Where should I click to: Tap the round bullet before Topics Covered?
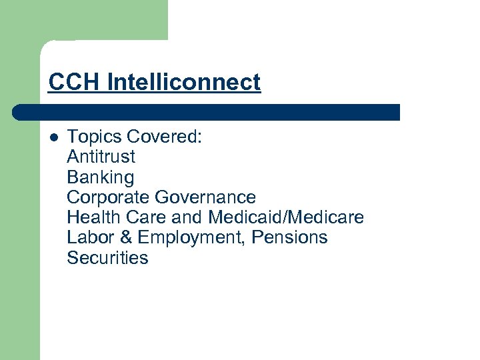pyautogui.click(x=54, y=137)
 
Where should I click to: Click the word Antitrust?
pyautogui.click(x=101, y=157)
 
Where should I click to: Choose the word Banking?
pyautogui.click(x=100, y=178)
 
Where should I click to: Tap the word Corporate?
pyautogui.click(x=109, y=197)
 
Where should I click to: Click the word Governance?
pyautogui.click(x=205, y=197)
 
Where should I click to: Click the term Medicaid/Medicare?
pyautogui.click(x=286, y=217)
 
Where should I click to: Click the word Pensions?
pyautogui.click(x=290, y=237)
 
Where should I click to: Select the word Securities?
pyautogui.click(x=107, y=258)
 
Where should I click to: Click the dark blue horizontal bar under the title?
pyautogui.click(x=213, y=112)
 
